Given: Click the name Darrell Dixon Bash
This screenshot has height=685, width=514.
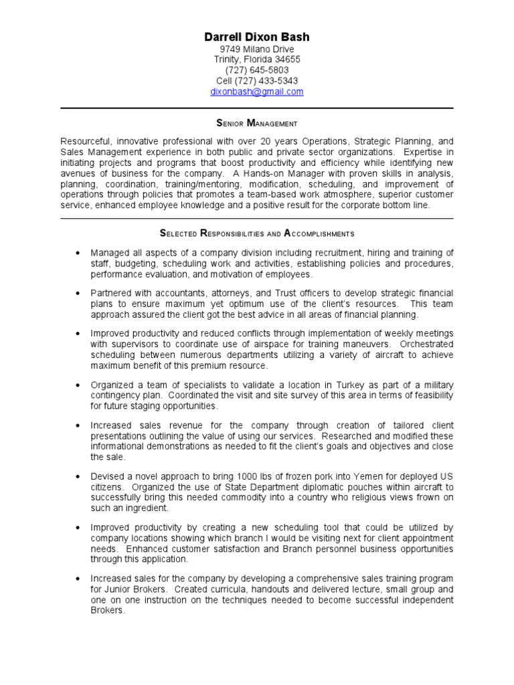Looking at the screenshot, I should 257,37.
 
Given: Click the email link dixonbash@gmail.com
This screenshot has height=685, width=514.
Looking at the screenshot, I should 257,92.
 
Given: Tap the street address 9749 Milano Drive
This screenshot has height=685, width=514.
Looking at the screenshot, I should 257,50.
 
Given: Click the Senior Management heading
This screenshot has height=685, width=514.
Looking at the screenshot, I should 257,123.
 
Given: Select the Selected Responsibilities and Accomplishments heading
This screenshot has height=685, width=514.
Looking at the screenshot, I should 257,233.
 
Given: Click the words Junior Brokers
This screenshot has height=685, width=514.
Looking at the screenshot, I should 136,589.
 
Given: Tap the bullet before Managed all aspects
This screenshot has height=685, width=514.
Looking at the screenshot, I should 78,254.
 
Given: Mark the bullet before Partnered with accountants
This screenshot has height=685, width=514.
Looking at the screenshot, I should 78,294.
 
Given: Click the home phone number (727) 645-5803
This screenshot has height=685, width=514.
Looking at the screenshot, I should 257,70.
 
